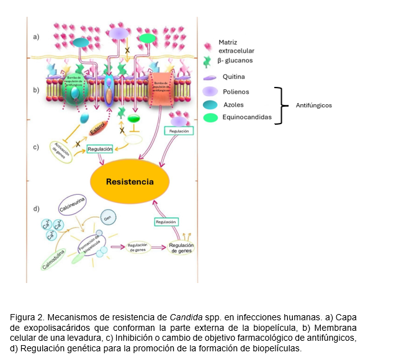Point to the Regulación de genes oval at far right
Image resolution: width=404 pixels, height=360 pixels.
pos(181,248)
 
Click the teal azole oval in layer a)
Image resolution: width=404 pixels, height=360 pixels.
pos(81,42)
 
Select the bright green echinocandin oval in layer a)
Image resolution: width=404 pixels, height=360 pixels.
pos(147,39)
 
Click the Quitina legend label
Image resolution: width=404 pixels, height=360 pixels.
pos(234,76)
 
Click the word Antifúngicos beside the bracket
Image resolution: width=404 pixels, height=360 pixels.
pos(313,106)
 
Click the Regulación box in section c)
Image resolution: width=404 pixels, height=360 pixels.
pos(100,149)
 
